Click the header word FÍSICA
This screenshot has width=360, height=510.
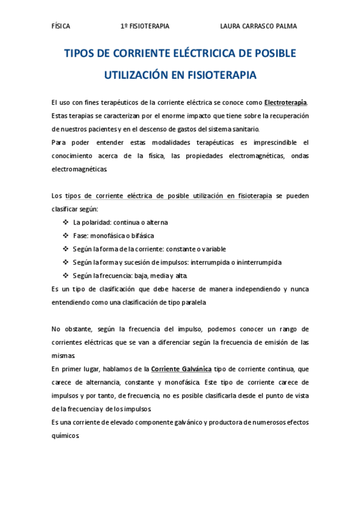click(61, 26)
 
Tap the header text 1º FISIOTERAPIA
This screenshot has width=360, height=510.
click(145, 26)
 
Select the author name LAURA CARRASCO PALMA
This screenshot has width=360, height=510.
click(258, 26)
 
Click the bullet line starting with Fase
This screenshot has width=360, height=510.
click(114, 236)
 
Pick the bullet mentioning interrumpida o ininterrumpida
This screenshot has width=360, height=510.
click(177, 262)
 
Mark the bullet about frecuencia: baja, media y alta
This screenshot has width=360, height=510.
click(130, 276)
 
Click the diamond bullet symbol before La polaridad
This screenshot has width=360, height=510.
click(65, 223)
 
